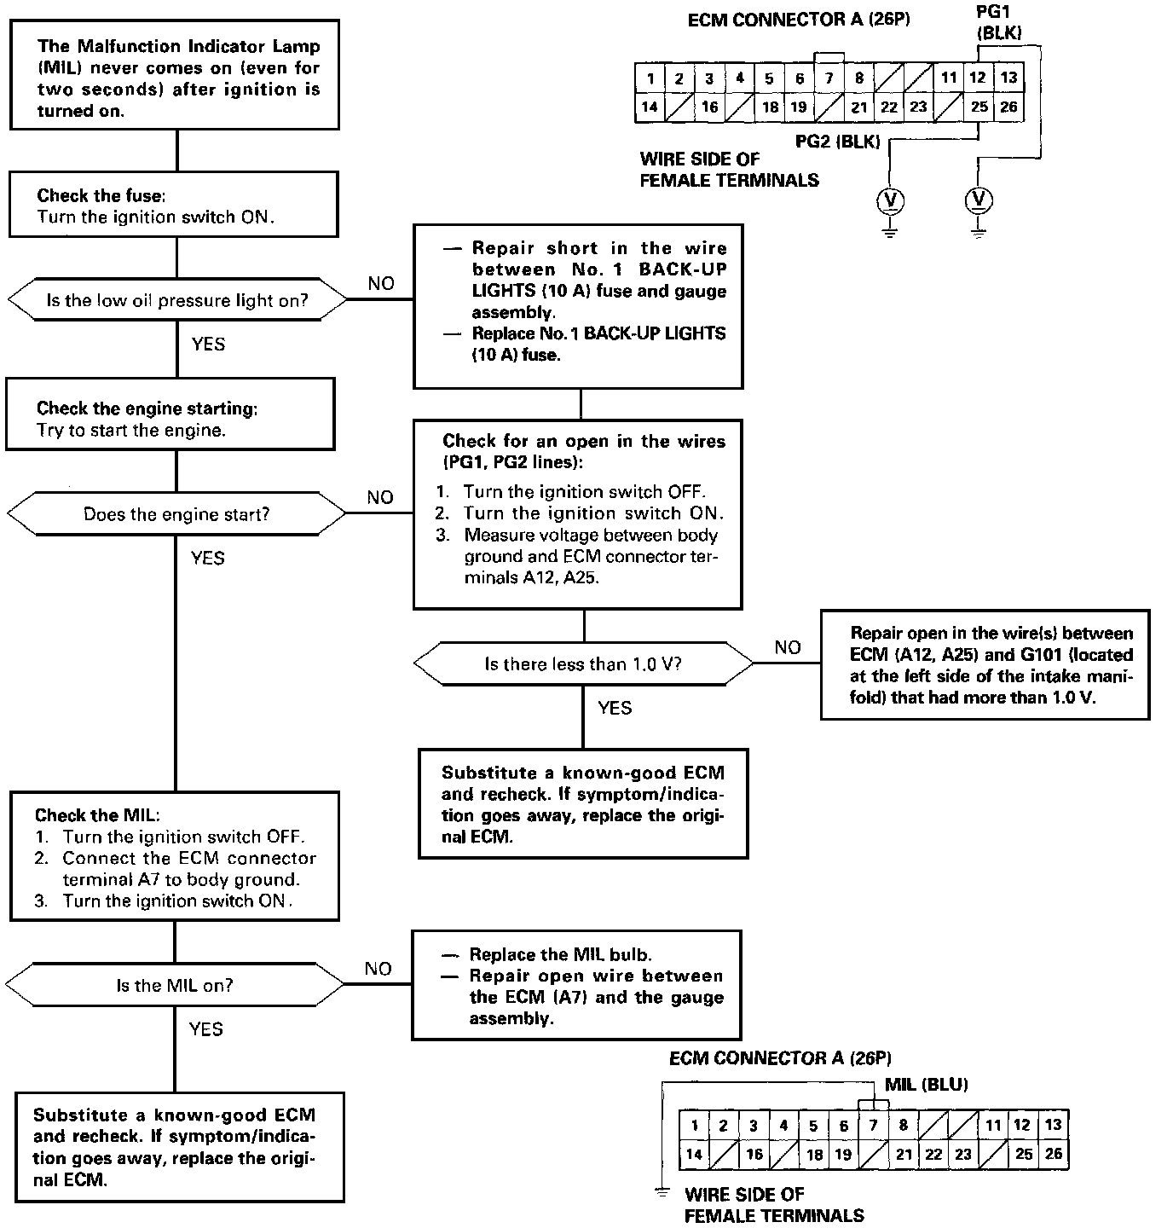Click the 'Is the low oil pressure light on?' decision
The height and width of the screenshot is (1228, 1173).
coord(176,300)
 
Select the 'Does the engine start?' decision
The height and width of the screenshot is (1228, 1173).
coord(176,514)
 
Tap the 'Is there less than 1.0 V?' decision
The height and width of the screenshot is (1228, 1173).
coord(583,663)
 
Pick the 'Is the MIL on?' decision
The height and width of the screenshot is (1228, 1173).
coord(175,986)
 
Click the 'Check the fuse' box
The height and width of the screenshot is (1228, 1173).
coord(173,205)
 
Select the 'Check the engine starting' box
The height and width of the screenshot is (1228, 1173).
coord(170,418)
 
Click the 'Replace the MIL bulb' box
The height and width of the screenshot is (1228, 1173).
coord(576,985)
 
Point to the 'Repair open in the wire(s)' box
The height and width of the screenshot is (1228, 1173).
coord(985,665)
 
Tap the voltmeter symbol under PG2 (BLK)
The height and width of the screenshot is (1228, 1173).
coord(890,201)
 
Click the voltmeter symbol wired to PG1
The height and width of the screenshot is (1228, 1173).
coord(979,200)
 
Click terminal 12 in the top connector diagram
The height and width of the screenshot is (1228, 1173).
coord(978,78)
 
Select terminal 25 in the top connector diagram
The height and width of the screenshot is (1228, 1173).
coord(979,107)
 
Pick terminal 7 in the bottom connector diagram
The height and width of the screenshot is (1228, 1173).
coord(873,1126)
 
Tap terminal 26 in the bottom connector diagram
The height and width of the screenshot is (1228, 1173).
coord(1054,1154)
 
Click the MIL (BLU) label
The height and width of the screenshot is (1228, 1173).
coord(926,1085)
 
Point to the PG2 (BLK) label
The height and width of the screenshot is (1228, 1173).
coord(837,142)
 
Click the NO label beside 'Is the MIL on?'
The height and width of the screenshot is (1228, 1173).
coord(378,969)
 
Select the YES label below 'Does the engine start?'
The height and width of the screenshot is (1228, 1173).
coord(207,558)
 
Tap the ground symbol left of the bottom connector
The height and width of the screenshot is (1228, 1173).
coord(662,1192)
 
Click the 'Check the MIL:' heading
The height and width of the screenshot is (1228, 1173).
coord(96,815)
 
